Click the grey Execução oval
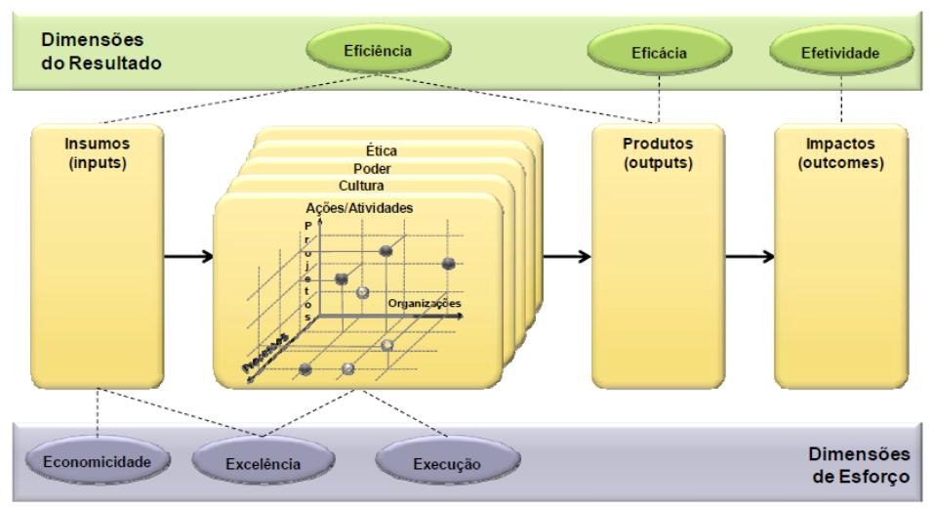[448, 462]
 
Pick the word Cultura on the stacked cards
[362, 186]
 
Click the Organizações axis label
[424, 304]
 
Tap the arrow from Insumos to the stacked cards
[189, 257]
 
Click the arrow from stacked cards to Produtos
[565, 256]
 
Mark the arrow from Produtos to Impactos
[749, 256]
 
